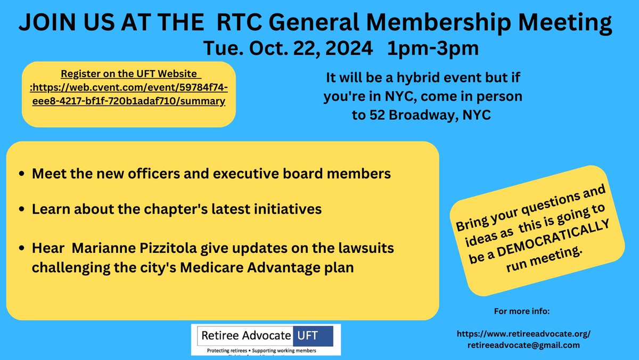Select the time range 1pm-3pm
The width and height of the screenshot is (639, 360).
433,48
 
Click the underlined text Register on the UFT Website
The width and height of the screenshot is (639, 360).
129,73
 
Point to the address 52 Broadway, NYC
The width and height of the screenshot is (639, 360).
421,115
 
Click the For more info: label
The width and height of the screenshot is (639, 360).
518,310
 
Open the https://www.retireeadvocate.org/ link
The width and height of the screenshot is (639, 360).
524,334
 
